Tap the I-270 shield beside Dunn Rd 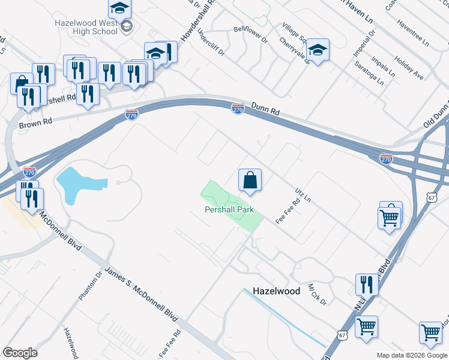(238, 108)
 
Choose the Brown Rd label (36, 125)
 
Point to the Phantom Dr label (91, 287)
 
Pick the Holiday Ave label (409, 68)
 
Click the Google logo (20, 353)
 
